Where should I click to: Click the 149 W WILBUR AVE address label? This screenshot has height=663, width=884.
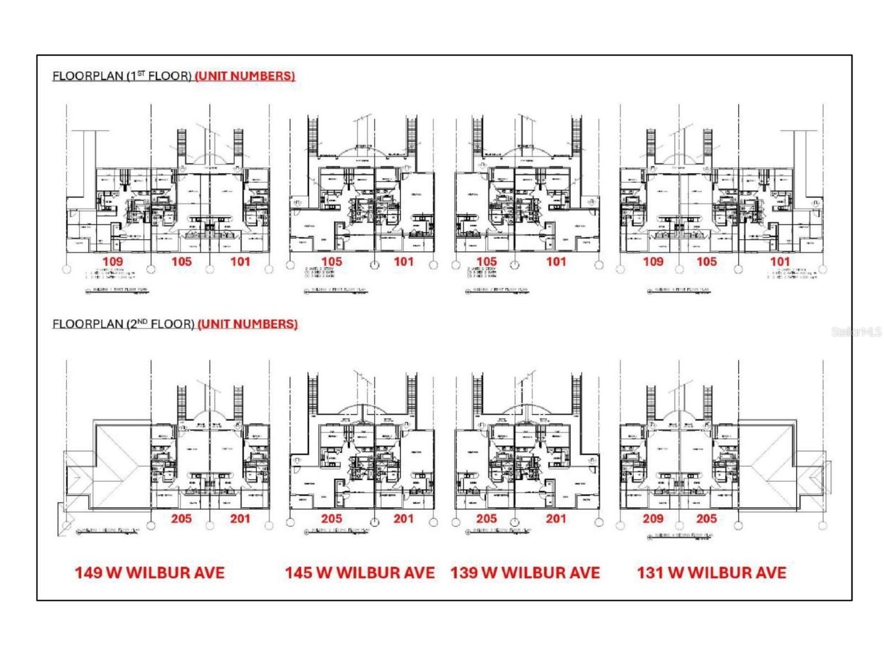pyautogui.click(x=150, y=572)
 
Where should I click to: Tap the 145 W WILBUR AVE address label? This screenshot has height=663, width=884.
pyautogui.click(x=360, y=572)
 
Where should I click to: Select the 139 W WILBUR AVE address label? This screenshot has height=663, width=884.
pyautogui.click(x=525, y=572)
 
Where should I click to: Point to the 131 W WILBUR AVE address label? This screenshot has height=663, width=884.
pyautogui.click(x=712, y=572)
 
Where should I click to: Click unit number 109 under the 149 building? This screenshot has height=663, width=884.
pyautogui.click(x=113, y=261)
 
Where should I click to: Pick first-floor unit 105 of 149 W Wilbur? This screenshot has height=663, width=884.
pyautogui.click(x=181, y=261)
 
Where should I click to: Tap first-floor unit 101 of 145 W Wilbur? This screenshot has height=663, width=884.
pyautogui.click(x=403, y=261)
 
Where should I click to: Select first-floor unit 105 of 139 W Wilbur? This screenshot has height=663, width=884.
pyautogui.click(x=486, y=261)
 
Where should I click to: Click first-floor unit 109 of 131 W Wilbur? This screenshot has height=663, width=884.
pyautogui.click(x=653, y=261)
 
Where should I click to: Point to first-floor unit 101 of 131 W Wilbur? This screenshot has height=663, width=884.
pyautogui.click(x=780, y=261)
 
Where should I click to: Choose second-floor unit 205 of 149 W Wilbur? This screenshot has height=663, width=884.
pyautogui.click(x=181, y=518)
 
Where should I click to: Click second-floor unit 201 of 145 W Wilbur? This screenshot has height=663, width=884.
pyautogui.click(x=403, y=518)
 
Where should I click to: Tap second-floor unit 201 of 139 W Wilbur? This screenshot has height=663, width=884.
pyautogui.click(x=556, y=518)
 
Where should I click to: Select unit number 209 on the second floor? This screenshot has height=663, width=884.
pyautogui.click(x=653, y=518)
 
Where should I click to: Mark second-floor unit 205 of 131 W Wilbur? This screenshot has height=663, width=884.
pyautogui.click(x=707, y=518)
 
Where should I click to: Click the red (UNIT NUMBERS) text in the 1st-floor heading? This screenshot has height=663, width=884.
pyautogui.click(x=245, y=76)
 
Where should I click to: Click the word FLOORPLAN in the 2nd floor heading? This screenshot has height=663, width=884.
pyautogui.click(x=87, y=324)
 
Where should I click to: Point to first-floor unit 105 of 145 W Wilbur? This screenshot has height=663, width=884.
pyautogui.click(x=331, y=261)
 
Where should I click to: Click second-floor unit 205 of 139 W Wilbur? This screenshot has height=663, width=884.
pyautogui.click(x=486, y=518)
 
